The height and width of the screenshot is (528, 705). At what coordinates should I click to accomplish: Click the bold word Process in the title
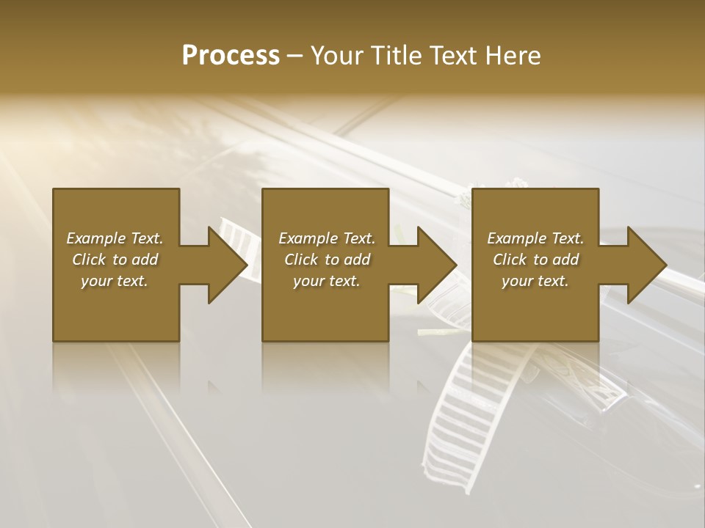pos(231,56)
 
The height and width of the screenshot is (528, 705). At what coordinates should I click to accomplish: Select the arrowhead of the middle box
pos(435,265)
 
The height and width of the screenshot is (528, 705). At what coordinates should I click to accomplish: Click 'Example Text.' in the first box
pos(115,238)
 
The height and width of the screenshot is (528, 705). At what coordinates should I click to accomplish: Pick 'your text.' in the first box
pos(115,281)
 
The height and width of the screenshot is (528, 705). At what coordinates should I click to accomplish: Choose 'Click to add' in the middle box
pos(327,260)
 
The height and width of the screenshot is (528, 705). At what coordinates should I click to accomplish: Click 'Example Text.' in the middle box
pos(327,238)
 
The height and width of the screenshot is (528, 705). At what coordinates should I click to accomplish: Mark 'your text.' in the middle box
pos(327,281)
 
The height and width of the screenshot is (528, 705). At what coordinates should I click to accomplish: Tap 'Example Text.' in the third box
pos(535,238)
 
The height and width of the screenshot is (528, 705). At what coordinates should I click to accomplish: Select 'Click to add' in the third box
pos(535,260)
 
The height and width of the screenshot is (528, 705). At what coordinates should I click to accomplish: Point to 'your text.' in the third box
pos(535,281)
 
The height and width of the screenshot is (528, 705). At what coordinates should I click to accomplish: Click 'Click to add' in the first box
pos(115,260)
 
